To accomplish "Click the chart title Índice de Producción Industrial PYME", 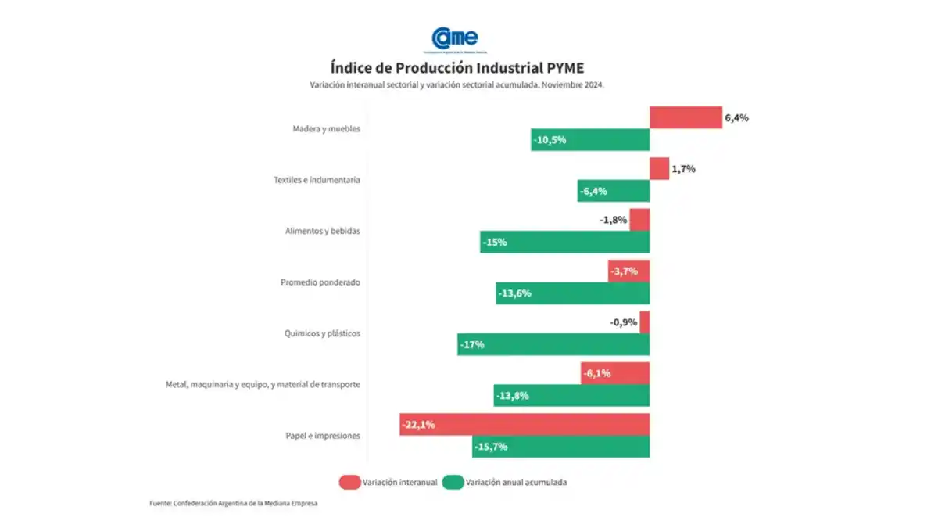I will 456,66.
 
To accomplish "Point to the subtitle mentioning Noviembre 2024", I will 456,84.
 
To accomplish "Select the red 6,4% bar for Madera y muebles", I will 686,118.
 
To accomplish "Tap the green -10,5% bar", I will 590,140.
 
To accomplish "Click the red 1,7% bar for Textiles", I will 659,169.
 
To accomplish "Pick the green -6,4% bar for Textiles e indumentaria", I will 614,191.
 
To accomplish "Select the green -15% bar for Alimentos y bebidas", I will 564,242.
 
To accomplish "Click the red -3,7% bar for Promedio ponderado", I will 628,271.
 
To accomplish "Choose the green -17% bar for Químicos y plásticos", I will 553,344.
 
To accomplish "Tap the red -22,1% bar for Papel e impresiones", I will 524,425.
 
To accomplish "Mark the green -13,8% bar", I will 571,395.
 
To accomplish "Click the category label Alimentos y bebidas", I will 322,232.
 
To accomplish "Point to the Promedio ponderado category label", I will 320,282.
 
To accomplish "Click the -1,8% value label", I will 613,221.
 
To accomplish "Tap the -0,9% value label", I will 624,322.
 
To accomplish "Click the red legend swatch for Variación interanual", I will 349,483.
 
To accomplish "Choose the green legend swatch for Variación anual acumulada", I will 453,483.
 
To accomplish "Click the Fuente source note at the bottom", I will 234,504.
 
